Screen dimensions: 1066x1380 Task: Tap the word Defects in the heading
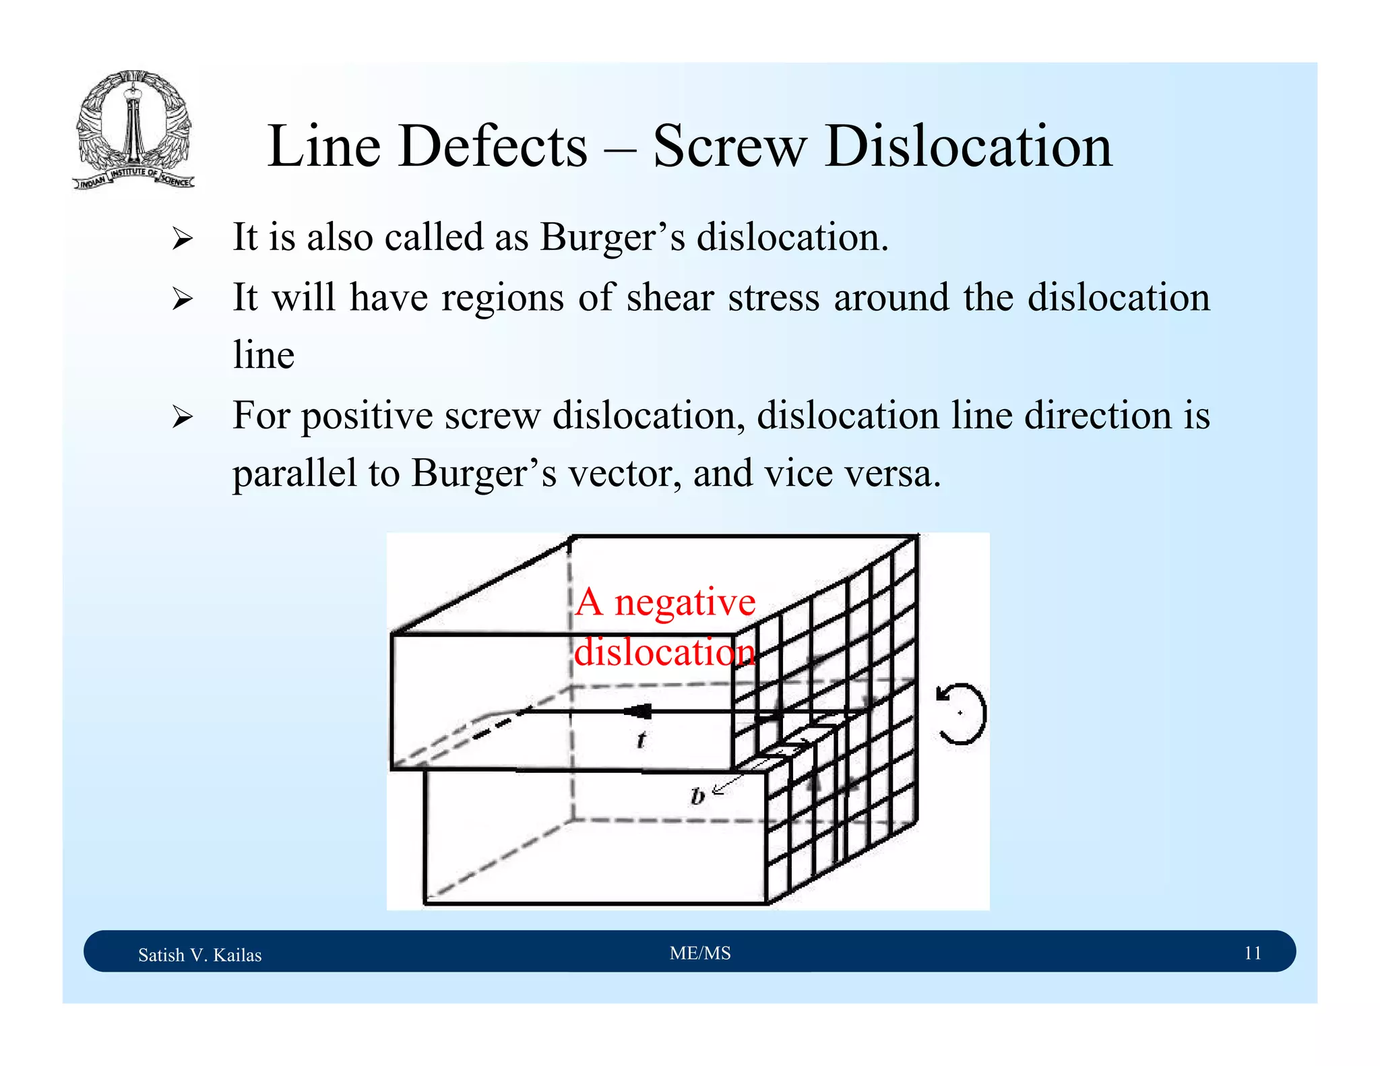pyautogui.click(x=493, y=146)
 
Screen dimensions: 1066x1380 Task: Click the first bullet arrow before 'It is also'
pyautogui.click(x=182, y=239)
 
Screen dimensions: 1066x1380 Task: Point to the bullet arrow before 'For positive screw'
pyautogui.click(x=182, y=417)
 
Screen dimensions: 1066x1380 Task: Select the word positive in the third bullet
pyautogui.click(x=367, y=416)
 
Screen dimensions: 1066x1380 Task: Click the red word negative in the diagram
pyautogui.click(x=685, y=602)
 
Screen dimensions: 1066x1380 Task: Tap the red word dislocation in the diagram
pyautogui.click(x=664, y=652)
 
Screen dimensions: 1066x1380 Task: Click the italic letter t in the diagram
pyautogui.click(x=641, y=740)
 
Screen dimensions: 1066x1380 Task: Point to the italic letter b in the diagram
pyautogui.click(x=697, y=796)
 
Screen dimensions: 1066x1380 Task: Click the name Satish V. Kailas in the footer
pyautogui.click(x=199, y=955)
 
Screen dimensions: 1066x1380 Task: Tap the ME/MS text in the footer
pyautogui.click(x=700, y=953)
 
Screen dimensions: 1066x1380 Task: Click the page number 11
pyautogui.click(x=1252, y=953)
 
